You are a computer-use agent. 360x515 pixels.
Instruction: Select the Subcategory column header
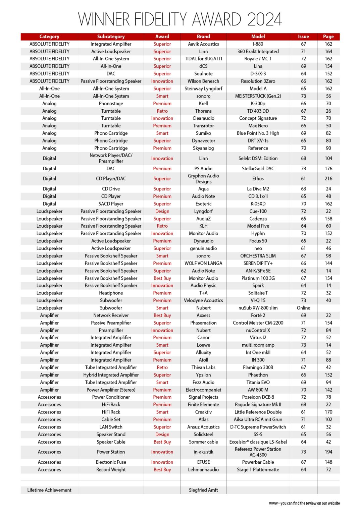(x=111, y=37)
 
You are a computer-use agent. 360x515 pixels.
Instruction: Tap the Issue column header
(x=303, y=37)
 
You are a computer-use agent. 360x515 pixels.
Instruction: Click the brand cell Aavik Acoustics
(x=203, y=44)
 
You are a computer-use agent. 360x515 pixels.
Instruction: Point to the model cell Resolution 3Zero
(x=258, y=81)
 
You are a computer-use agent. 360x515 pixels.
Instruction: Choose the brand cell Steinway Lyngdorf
(x=203, y=89)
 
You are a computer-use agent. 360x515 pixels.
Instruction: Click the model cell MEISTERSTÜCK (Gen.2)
(x=258, y=96)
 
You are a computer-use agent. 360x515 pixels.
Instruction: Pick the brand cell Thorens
(x=203, y=111)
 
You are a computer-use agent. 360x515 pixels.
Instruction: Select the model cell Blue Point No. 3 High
(x=258, y=133)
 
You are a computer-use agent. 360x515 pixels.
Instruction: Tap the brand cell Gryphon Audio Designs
(x=203, y=179)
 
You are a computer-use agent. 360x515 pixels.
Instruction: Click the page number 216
(x=328, y=179)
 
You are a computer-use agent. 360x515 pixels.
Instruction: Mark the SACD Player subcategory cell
(x=111, y=204)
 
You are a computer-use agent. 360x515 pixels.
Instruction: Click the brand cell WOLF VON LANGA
(x=203, y=263)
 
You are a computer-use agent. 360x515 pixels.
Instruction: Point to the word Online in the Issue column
(x=303, y=308)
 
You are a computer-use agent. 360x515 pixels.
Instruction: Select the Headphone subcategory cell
(x=111, y=293)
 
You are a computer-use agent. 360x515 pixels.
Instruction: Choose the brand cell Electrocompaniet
(x=203, y=390)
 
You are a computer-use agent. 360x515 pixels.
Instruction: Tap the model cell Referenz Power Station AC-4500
(x=258, y=452)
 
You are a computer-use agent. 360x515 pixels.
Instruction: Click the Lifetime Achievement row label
(x=49, y=490)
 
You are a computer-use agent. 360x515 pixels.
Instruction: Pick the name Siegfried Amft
(x=203, y=490)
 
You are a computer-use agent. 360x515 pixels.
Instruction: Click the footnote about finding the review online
(x=304, y=503)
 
